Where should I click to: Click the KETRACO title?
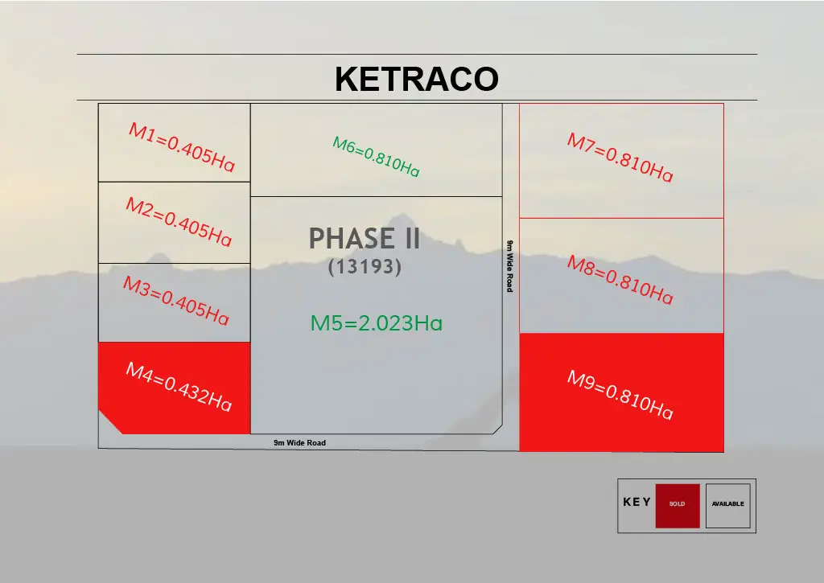point(417,79)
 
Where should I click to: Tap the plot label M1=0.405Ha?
point(181,147)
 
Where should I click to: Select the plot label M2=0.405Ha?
point(179,222)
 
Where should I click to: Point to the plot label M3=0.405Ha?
point(176,301)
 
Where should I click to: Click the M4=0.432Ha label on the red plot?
point(179,387)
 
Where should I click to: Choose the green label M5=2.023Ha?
point(377,323)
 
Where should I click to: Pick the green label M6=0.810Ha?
point(377,157)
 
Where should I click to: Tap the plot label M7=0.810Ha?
point(620,157)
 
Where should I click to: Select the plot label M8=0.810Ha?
point(620,279)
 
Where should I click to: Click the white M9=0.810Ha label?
point(620,395)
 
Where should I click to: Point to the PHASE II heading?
point(365,239)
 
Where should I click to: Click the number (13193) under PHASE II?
point(365,267)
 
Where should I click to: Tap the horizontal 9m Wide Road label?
point(299,443)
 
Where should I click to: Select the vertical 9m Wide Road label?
point(509,265)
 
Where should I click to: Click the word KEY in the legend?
point(637,502)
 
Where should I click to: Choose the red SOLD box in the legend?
point(678,506)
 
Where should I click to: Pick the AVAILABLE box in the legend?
point(727,506)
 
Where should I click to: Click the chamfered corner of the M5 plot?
point(497,429)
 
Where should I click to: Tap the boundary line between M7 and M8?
point(622,218)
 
